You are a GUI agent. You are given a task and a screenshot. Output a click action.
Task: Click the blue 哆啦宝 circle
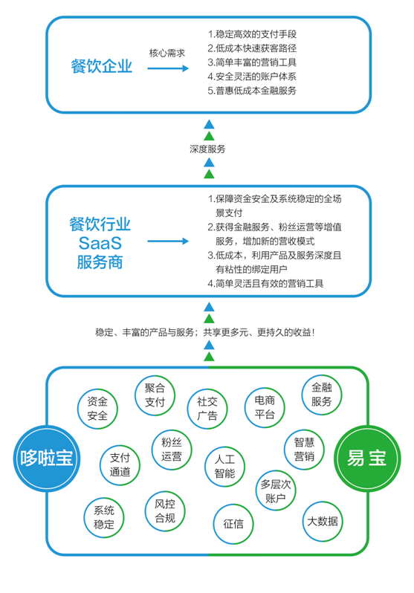(x=47, y=458)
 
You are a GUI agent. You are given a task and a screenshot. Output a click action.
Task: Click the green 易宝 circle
(x=367, y=458)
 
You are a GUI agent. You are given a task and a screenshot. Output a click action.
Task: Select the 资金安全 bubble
(x=97, y=409)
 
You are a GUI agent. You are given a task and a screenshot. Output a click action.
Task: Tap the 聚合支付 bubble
(x=155, y=395)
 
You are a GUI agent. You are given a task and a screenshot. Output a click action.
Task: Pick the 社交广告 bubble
(x=207, y=409)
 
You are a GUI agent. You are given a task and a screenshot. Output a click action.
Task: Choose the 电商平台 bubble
(x=265, y=407)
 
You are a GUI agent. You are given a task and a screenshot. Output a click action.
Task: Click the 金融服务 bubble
(x=322, y=395)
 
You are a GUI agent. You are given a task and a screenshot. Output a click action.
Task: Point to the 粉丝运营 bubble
(x=172, y=450)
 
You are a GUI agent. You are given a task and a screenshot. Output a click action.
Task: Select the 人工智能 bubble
(x=224, y=467)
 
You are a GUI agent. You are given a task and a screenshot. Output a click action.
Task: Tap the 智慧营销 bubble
(x=304, y=450)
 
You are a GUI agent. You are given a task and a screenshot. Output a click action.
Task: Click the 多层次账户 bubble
(x=276, y=490)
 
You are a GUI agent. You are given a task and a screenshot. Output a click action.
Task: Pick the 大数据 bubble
(x=323, y=522)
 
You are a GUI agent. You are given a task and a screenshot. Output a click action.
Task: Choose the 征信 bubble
(x=233, y=524)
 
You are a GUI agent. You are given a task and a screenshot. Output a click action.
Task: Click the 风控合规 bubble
(x=165, y=511)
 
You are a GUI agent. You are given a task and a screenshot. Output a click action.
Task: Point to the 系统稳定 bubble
(x=104, y=517)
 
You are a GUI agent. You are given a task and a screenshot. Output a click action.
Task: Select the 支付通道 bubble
(x=120, y=464)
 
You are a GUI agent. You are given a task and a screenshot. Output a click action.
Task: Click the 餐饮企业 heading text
(x=101, y=66)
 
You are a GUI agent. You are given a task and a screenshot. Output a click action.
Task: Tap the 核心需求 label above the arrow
(x=167, y=53)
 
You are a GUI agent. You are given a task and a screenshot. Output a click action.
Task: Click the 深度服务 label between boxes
(x=207, y=149)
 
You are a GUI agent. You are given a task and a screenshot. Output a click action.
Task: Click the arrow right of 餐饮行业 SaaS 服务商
(x=168, y=242)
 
